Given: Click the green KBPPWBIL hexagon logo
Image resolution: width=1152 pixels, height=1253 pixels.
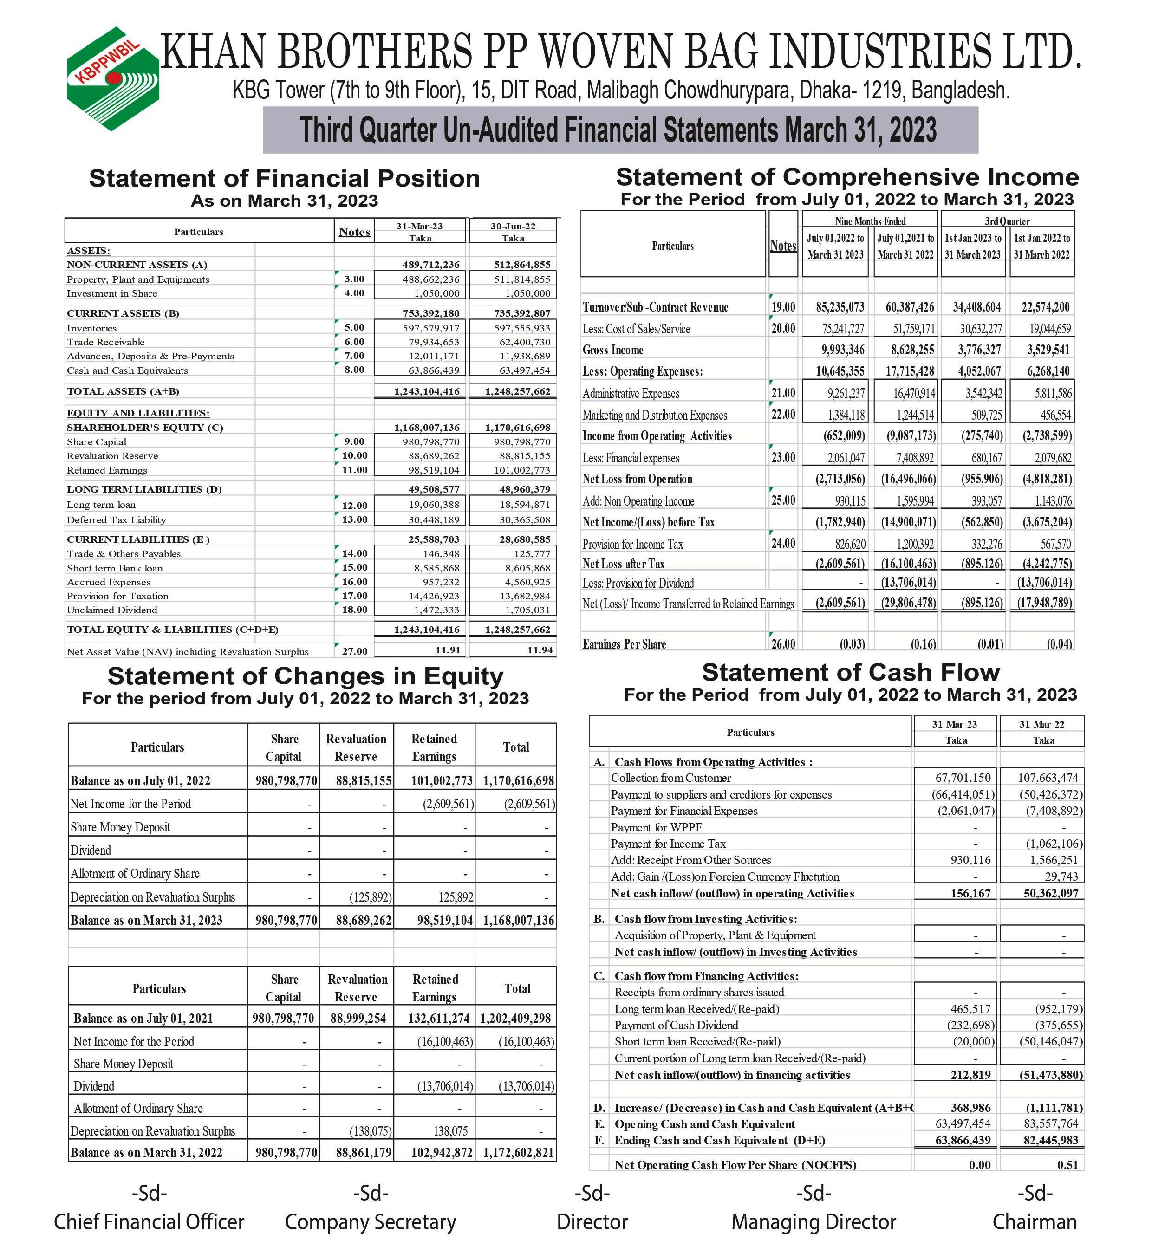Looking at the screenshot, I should (x=113, y=78).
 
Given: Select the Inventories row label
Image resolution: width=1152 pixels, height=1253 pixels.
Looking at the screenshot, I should (x=91, y=328).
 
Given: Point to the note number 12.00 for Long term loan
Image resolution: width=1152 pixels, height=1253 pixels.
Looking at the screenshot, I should (x=354, y=505).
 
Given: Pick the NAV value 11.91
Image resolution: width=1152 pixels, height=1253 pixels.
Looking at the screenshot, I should (x=448, y=650).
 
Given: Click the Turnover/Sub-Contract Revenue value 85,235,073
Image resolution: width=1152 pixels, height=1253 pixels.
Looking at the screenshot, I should (x=840, y=307).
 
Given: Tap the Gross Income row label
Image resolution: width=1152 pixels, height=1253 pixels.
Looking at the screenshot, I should (x=613, y=350).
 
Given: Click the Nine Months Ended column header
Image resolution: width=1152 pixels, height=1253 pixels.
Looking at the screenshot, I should (x=870, y=221).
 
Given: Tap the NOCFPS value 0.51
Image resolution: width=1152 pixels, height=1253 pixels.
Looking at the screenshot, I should (x=1067, y=1164).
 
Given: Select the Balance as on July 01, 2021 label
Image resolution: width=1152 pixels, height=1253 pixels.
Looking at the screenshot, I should (x=143, y=1019).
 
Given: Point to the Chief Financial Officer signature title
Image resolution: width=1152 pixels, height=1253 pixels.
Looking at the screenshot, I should (x=149, y=1221).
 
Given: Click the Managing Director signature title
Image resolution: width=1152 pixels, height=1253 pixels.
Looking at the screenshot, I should (x=814, y=1221).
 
